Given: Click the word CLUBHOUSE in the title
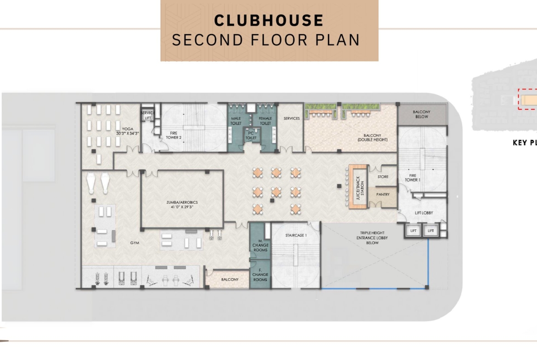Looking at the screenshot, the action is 269,20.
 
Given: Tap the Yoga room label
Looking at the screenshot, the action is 128,131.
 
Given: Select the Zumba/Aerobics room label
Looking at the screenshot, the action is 182,205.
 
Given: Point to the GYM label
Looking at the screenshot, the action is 134,243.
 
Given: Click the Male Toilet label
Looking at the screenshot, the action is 236,121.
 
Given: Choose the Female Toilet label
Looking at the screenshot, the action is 265,121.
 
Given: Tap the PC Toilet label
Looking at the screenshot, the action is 251,135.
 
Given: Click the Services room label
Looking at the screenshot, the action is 292,118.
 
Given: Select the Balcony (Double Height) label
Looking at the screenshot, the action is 373,138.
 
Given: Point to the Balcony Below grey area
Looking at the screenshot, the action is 422,114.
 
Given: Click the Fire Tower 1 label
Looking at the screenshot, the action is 413,177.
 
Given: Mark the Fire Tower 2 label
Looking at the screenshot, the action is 173,135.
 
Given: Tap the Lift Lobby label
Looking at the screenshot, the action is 424,213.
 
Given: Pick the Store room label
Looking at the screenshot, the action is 383,177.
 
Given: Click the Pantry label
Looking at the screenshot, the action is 383,194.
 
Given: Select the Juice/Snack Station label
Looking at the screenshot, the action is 360,188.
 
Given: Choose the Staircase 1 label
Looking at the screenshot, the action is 296,235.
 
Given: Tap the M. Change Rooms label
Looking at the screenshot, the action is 260,245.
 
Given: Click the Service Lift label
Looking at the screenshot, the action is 148,115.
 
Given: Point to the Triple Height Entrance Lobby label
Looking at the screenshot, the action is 372,238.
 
